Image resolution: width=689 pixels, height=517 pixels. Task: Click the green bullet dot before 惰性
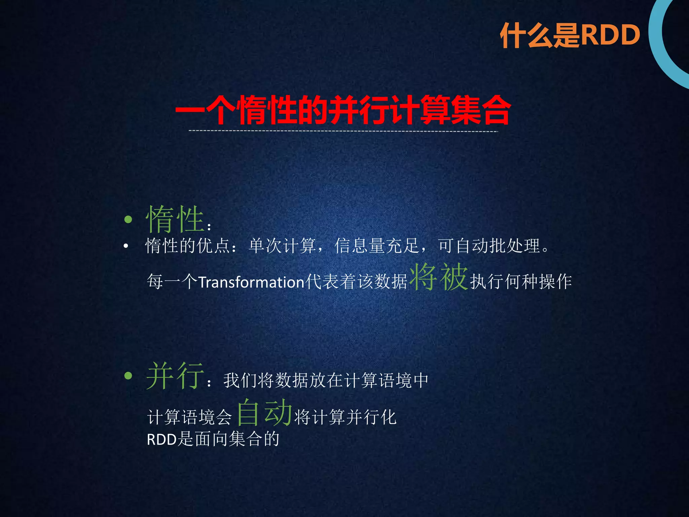128,220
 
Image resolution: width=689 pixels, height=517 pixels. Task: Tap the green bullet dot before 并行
128,376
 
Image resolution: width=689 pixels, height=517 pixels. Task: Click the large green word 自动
264,412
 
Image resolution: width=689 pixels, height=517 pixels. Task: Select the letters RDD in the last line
162,440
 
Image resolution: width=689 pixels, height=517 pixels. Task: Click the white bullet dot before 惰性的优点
126,246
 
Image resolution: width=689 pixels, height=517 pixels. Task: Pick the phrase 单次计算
282,246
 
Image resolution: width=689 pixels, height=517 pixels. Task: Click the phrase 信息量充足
377,246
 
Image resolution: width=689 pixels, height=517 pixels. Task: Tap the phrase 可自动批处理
489,246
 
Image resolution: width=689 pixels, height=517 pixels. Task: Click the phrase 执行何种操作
521,282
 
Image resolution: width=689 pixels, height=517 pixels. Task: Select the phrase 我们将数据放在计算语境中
326,380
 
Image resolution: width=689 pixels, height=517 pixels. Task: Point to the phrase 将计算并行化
346,417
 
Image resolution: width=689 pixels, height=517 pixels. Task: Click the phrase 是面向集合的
228,439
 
